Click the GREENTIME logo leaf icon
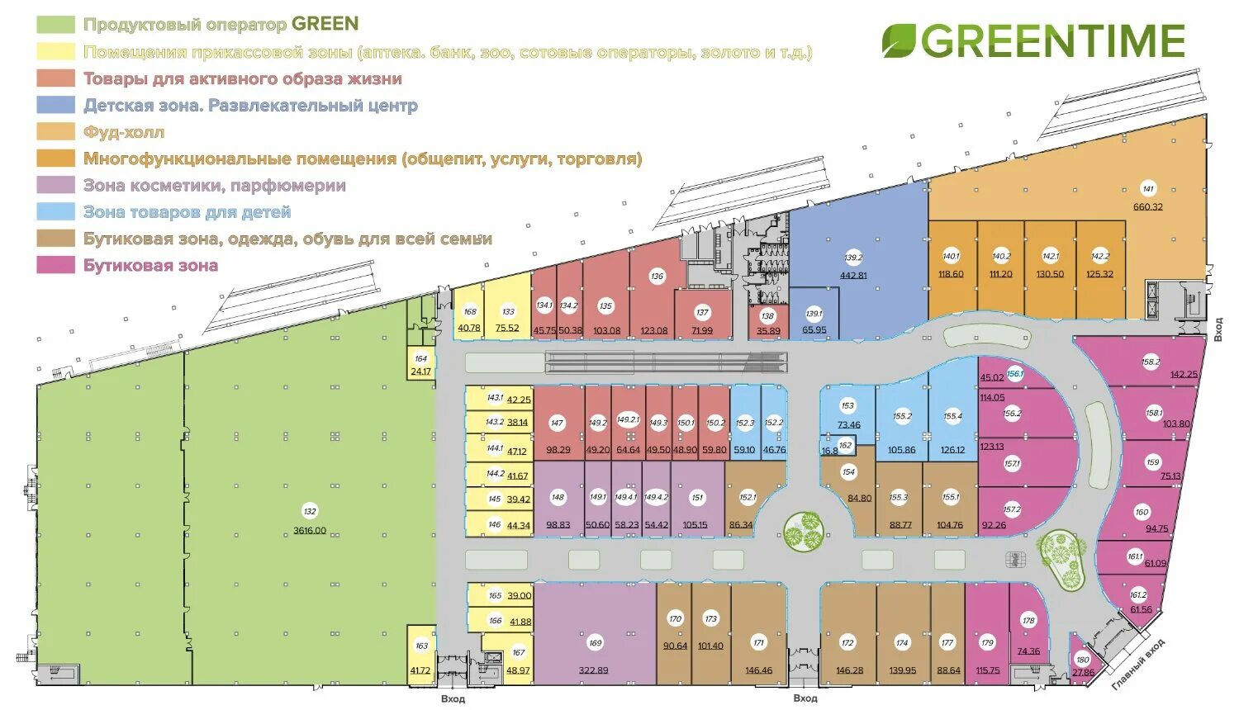[899, 41]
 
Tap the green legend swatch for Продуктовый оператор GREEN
[55, 25]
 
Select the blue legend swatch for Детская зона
[55, 105]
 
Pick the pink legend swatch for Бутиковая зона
[55, 265]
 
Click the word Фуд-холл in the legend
[124, 132]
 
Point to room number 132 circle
[310, 512]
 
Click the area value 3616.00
[310, 531]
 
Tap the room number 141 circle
[1147, 188]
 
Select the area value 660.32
[1147, 206]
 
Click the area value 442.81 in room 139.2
[853, 276]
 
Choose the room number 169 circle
[595, 643]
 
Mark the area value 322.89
[593, 670]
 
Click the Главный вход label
[1140, 663]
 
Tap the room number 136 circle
[657, 277]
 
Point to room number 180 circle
[1082, 660]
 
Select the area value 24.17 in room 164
[420, 372]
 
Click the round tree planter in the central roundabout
[804, 531]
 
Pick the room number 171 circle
[758, 643]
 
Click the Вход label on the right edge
[1218, 329]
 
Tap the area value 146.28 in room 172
[848, 670]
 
